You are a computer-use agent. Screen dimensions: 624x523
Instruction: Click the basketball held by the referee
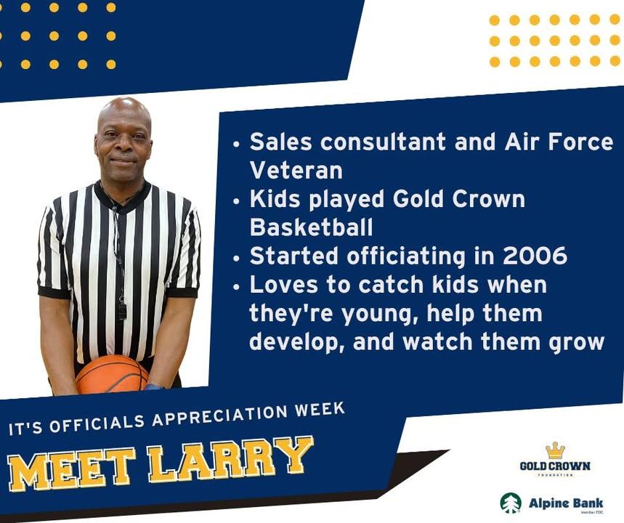coord(112,374)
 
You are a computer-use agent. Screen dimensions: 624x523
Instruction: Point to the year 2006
coord(535,256)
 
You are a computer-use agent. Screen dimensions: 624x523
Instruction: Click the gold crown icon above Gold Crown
coord(555,450)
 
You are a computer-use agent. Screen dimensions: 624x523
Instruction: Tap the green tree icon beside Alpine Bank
coord(511,503)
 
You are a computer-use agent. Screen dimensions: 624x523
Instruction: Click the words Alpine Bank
coord(566,503)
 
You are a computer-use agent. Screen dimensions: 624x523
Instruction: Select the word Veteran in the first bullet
coord(296,171)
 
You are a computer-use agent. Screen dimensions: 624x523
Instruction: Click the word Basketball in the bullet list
coord(311,227)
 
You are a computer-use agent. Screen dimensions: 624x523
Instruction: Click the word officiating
coord(406,256)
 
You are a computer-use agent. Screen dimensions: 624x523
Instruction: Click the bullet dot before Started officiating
coord(237,259)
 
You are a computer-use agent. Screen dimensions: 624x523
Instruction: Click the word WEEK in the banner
coord(319,410)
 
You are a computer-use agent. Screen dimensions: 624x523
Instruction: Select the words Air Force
coord(559,142)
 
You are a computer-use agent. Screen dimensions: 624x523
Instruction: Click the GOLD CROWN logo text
coord(555,466)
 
